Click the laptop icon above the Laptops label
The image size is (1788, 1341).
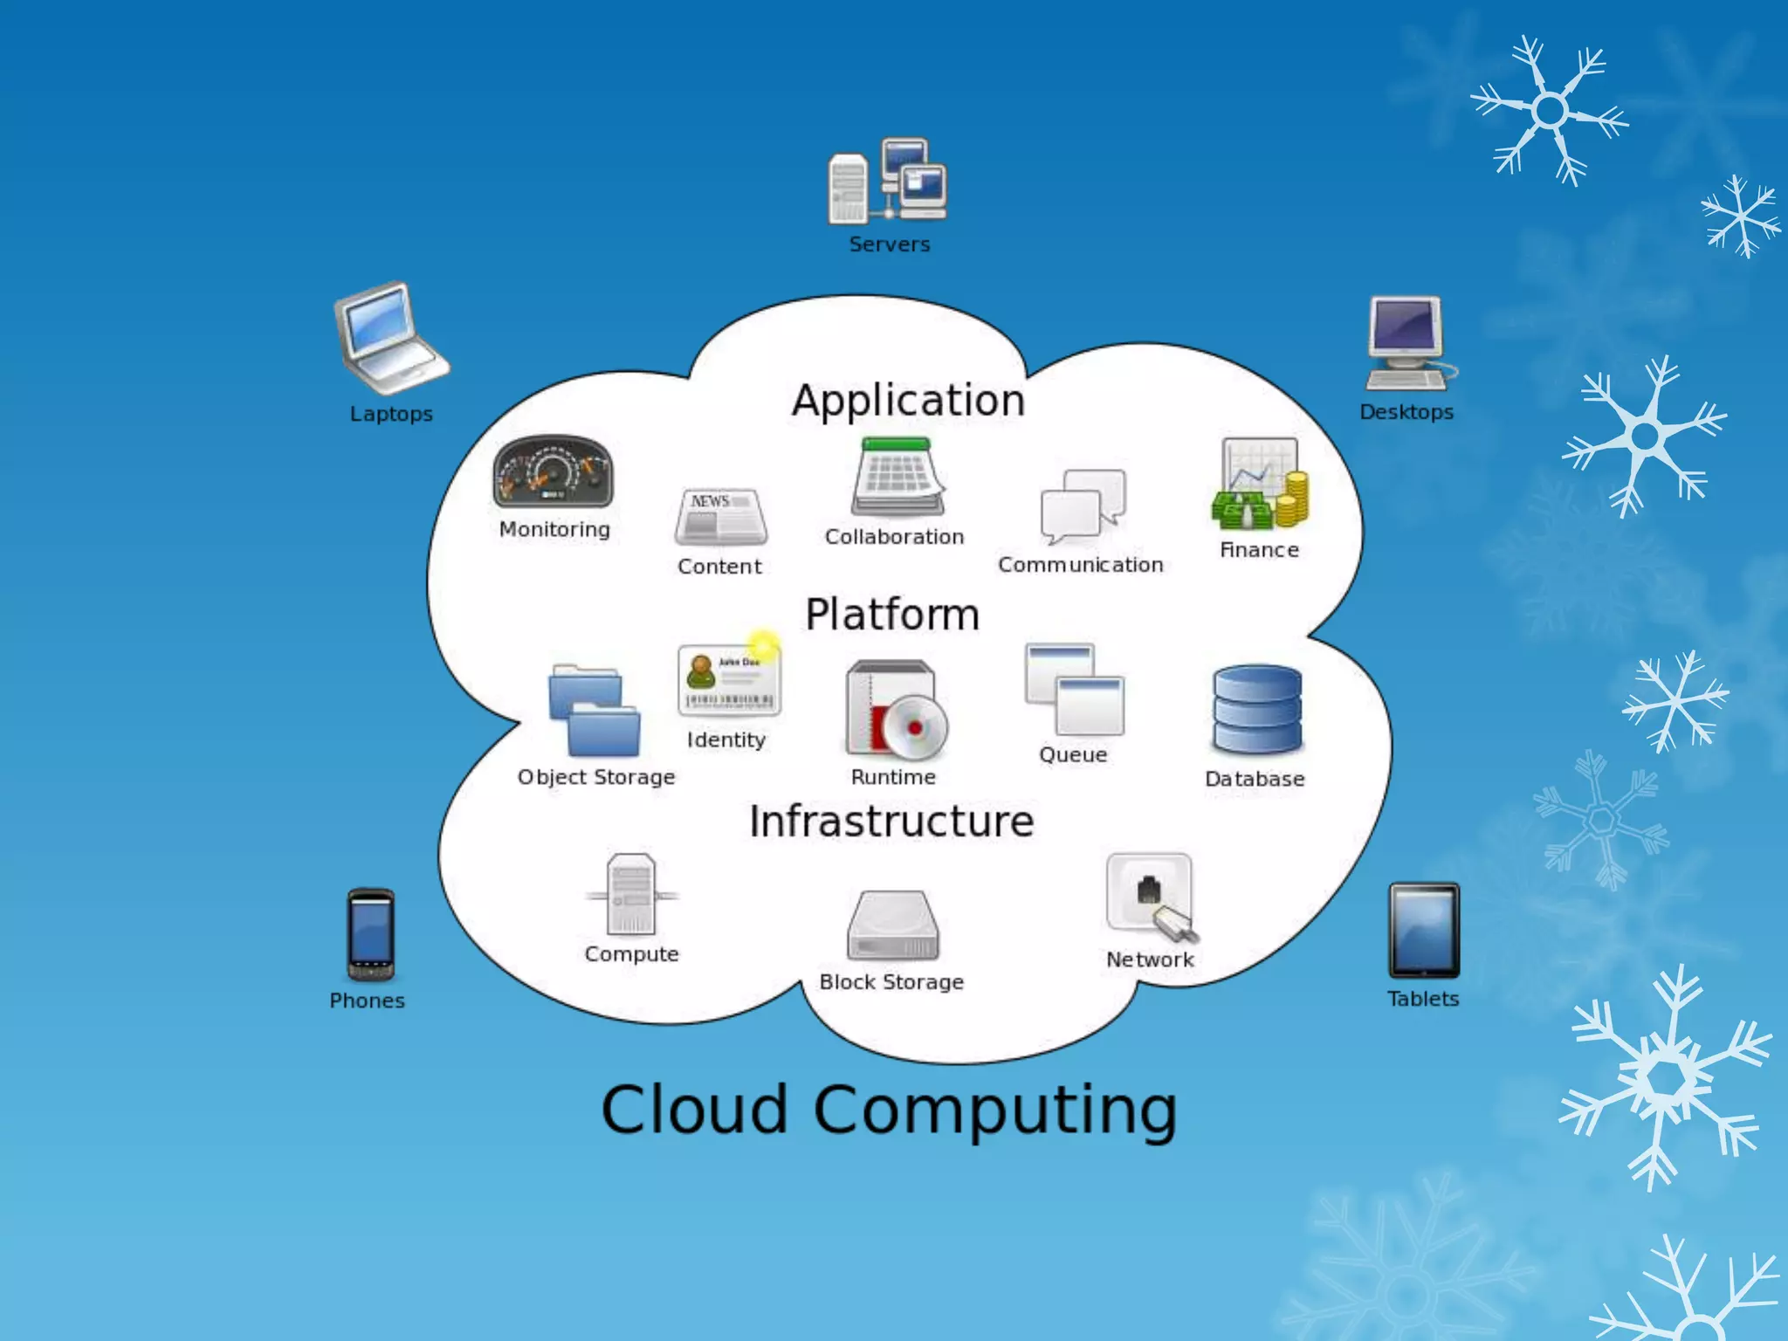(389, 339)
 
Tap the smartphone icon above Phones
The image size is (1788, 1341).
(370, 935)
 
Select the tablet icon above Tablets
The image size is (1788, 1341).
(1424, 931)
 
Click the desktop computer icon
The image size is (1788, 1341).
(1408, 343)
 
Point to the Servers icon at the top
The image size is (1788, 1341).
(889, 181)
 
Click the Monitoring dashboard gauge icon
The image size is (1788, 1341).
(554, 472)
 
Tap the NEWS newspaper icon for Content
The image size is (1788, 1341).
(721, 517)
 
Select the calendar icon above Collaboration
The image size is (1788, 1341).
(898, 478)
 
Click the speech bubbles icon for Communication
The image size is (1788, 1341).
(1083, 507)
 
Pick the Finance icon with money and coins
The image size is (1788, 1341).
(1259, 485)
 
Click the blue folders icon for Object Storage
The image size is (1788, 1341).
(594, 711)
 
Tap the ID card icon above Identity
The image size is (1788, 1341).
(728, 679)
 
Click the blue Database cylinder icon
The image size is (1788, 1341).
(1256, 710)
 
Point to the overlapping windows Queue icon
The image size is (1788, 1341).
(1074, 691)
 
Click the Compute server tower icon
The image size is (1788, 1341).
(631, 895)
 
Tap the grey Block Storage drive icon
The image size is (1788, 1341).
(892, 925)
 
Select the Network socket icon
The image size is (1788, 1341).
(1151, 897)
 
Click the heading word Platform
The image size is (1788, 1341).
(892, 615)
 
